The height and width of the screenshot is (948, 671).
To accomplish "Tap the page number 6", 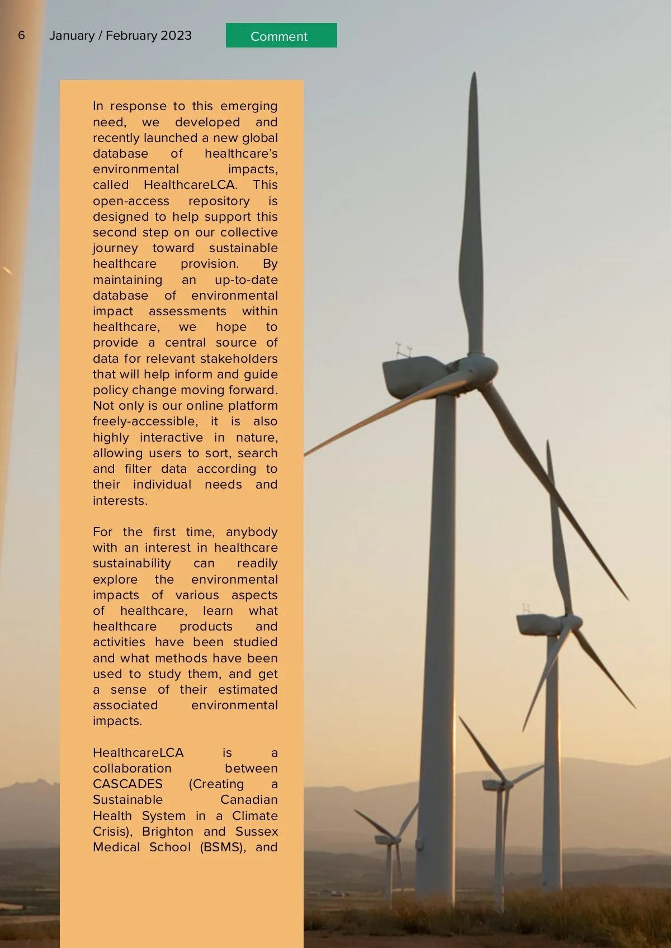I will (21, 35).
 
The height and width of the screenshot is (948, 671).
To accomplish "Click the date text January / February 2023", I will (120, 35).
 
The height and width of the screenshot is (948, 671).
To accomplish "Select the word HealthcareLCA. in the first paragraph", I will (190, 185).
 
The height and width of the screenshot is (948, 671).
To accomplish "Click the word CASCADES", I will (127, 784).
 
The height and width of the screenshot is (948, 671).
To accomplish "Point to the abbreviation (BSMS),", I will (223, 847).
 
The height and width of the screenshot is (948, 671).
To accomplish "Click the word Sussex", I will (257, 831).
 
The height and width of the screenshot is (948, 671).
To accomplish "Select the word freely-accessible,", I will (145, 421).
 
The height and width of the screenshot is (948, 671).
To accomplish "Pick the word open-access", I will (131, 201).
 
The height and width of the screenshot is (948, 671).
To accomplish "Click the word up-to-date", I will (246, 280).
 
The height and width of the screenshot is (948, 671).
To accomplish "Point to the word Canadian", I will (249, 800).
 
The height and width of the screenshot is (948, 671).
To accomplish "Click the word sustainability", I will (132, 563).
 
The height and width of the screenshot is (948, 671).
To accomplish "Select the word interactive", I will (171, 437).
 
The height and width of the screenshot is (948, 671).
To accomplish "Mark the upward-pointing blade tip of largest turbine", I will (474, 75).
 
